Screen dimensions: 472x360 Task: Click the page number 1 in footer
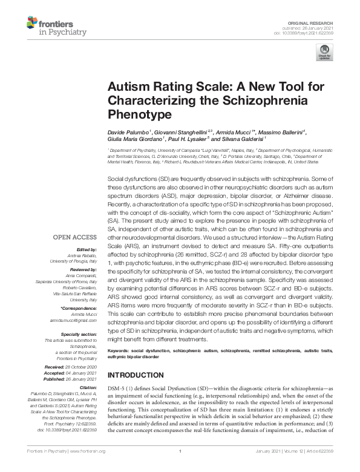(180, 451)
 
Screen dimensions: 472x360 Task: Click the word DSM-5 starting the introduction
(117, 385)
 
